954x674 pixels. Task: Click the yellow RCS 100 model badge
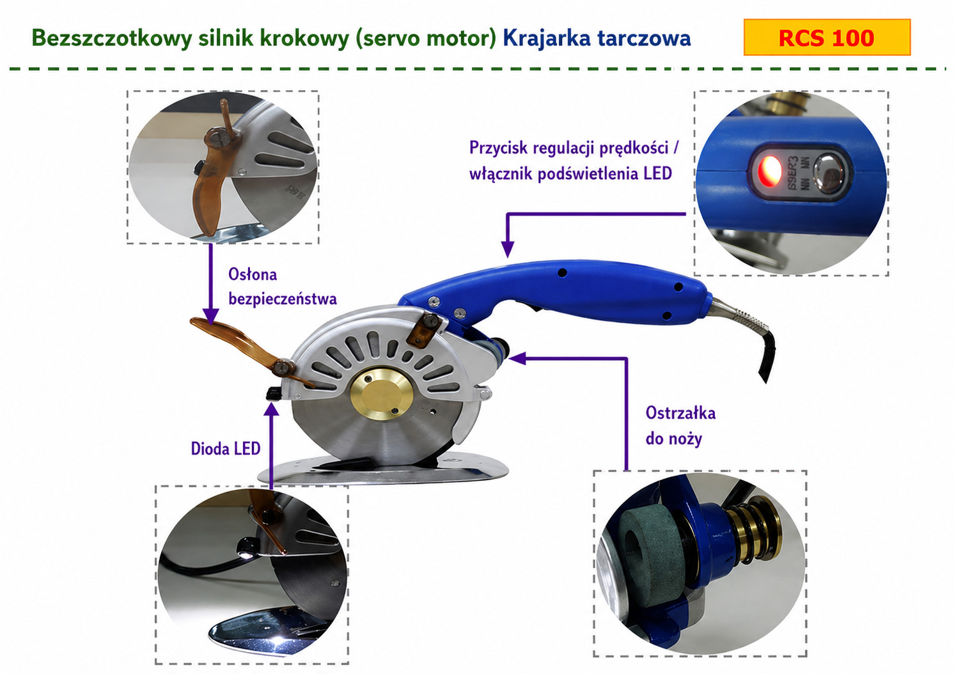pyautogui.click(x=826, y=38)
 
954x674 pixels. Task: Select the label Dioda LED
pyautogui.click(x=226, y=448)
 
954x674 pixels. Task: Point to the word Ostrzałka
pyautogui.click(x=680, y=413)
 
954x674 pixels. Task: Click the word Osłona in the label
pyautogui.click(x=253, y=274)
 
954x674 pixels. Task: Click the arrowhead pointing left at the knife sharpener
pyautogui.click(x=517, y=359)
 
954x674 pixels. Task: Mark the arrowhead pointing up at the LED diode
pyautogui.click(x=272, y=409)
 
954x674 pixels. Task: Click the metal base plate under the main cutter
pyautogui.click(x=384, y=472)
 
